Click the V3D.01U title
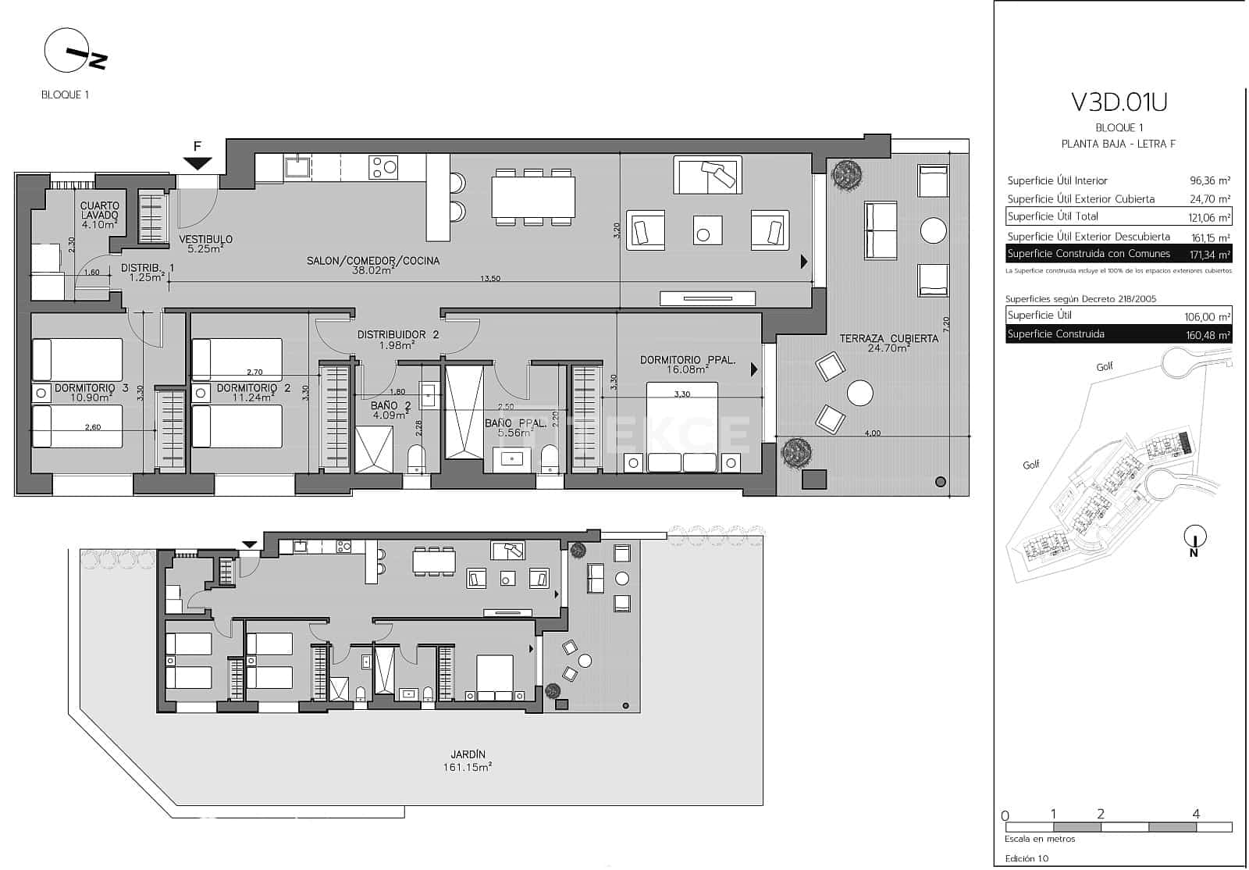[1119, 102]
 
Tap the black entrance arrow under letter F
[198, 162]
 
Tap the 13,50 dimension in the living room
[489, 278]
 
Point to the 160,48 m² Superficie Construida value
[1208, 335]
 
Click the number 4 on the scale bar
[1196, 814]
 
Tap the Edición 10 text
[1027, 858]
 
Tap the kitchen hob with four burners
[383, 167]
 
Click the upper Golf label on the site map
[1104, 366]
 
